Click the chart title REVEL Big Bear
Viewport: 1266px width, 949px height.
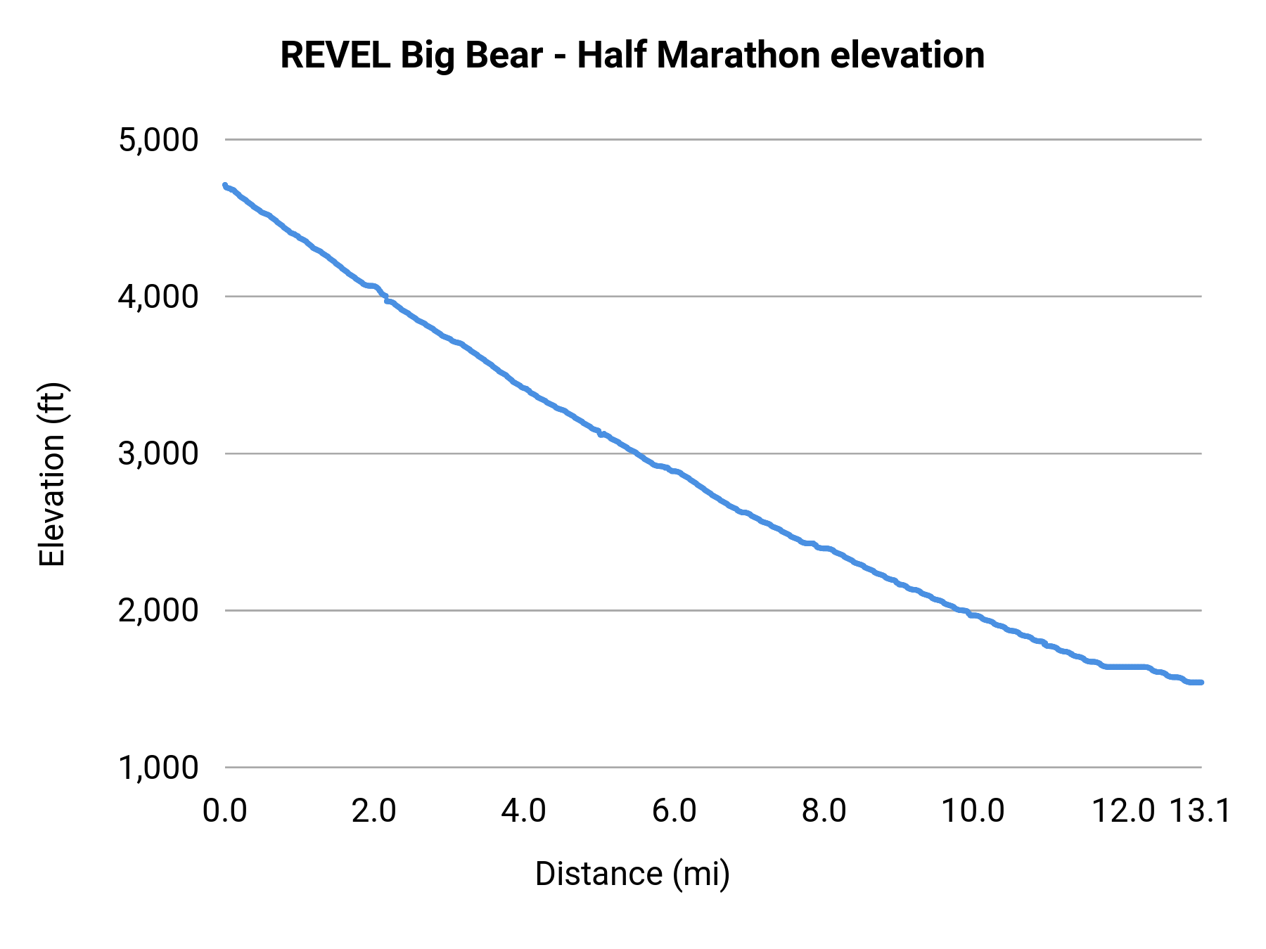[411, 56]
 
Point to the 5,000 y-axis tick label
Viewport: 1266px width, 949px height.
[159, 140]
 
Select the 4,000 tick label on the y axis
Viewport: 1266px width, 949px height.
[159, 297]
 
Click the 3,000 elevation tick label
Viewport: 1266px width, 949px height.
[159, 453]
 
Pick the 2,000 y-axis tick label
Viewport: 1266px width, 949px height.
[159, 610]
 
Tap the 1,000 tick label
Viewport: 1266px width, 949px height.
[159, 768]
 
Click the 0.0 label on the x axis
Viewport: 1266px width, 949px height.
[225, 811]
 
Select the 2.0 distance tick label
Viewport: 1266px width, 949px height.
[374, 811]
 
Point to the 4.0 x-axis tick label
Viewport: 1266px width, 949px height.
[524, 811]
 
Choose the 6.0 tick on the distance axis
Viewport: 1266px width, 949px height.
[674, 811]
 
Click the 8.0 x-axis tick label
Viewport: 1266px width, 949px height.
[824, 811]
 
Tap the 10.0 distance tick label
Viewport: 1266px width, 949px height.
[973, 811]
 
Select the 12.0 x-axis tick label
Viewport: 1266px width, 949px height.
[1123, 811]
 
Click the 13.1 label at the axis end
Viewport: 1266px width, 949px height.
[1200, 811]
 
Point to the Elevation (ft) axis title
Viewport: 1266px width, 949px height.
[52, 475]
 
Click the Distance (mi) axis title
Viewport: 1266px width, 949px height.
[632, 874]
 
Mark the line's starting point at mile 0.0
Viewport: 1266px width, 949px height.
[225, 186]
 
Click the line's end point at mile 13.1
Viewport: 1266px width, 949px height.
[1201, 682]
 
